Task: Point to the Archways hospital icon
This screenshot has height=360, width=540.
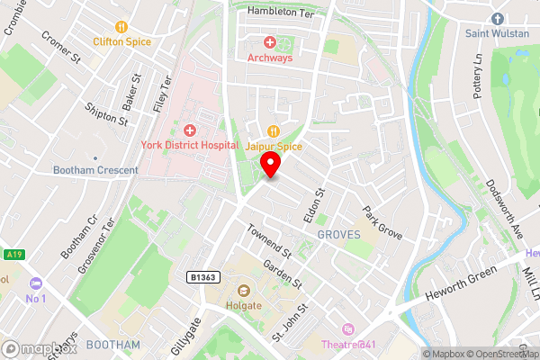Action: click(x=269, y=42)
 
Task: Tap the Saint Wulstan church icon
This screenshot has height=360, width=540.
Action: click(x=496, y=19)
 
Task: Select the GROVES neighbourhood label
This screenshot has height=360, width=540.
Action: click(x=338, y=234)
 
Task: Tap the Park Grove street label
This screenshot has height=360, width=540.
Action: click(x=382, y=224)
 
